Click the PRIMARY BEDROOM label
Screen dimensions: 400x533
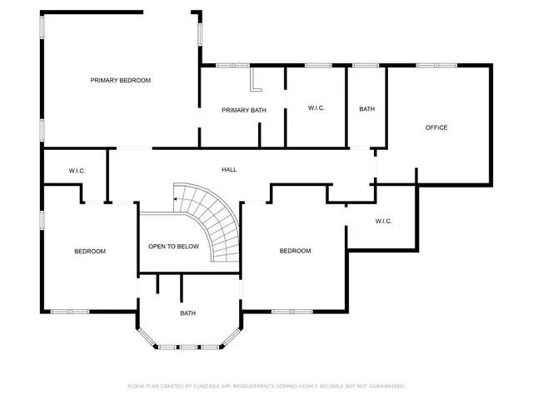(121, 80)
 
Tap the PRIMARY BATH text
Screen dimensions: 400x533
(243, 110)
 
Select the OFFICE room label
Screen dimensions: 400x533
(436, 127)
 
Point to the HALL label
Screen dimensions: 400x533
(229, 170)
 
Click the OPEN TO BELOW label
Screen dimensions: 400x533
(173, 247)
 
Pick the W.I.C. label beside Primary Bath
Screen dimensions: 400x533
(316, 108)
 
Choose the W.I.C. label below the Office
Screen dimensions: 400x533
(383, 221)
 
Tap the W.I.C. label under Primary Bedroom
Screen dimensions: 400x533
(77, 171)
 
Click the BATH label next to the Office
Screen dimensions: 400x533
(366, 109)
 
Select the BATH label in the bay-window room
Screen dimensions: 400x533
(188, 313)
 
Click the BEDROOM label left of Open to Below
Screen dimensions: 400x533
(90, 251)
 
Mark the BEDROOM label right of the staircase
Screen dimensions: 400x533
(295, 251)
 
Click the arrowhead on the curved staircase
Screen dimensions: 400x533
(176, 200)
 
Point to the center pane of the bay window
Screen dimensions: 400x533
(188, 346)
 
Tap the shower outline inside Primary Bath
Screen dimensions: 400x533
(257, 79)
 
